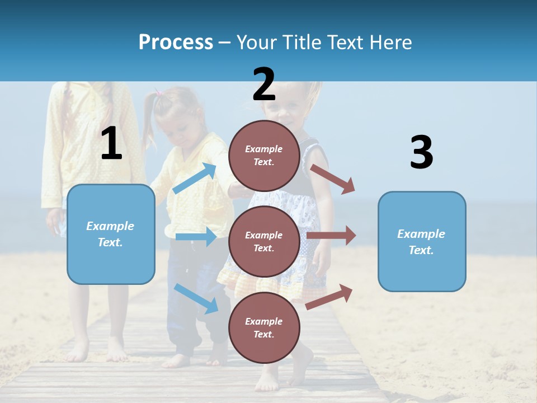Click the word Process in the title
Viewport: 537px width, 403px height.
176,43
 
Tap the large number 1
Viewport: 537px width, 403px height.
111,144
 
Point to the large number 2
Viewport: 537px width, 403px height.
264,85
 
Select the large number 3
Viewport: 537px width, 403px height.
421,152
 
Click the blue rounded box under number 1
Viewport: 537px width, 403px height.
111,234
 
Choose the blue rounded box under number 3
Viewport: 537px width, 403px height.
422,241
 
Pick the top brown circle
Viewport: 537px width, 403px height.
264,155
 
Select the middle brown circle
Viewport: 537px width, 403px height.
264,241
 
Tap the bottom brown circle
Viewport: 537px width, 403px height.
264,327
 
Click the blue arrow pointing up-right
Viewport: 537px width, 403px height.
195,178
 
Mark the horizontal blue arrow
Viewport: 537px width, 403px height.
196,237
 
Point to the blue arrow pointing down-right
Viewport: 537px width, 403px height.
196,298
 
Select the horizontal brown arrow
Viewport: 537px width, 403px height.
331,236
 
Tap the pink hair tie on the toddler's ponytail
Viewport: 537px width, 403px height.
159,93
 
